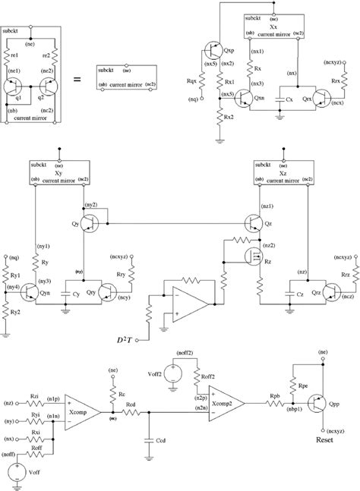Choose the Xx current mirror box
coord(274,28)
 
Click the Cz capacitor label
coord(293,292)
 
